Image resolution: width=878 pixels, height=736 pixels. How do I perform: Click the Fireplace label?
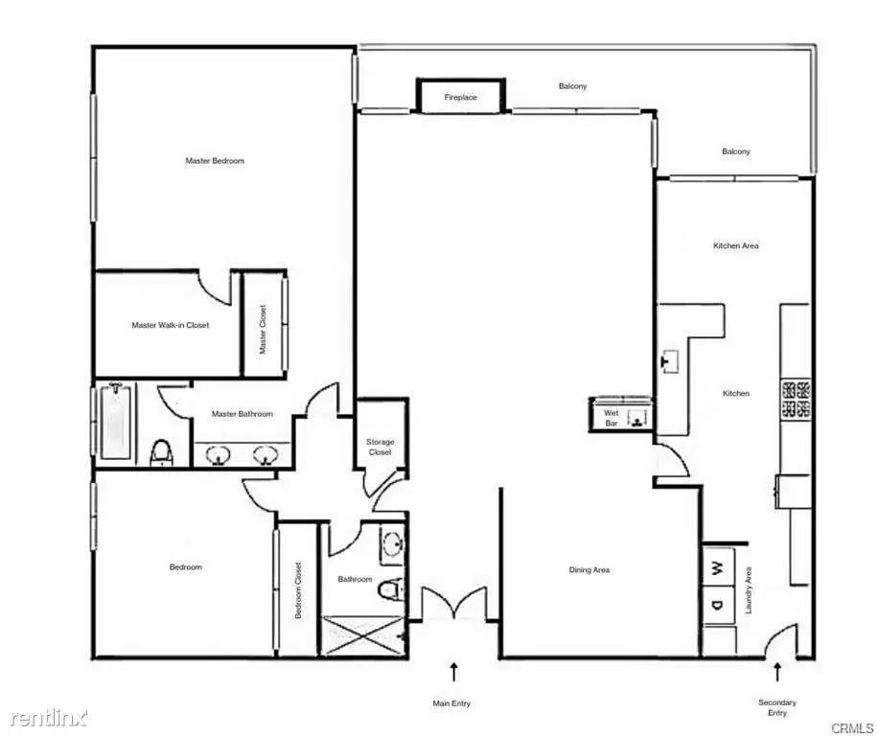click(x=460, y=97)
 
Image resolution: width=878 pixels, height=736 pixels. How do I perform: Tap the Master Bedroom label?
click(x=215, y=161)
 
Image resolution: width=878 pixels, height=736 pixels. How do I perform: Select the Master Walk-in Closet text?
click(x=171, y=325)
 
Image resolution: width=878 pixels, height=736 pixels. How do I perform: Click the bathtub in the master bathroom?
click(x=116, y=421)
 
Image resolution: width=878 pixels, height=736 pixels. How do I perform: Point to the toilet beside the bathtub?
click(x=162, y=452)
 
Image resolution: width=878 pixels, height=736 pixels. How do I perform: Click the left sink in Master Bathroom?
click(x=217, y=454)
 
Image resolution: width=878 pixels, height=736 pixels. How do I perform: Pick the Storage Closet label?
click(x=381, y=447)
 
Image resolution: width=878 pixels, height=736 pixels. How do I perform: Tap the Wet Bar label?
click(x=612, y=418)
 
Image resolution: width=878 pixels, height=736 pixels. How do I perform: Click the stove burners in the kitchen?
click(x=796, y=399)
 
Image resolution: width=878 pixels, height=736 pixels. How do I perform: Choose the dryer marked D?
click(x=718, y=605)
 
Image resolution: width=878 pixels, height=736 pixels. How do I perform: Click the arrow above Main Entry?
click(x=453, y=672)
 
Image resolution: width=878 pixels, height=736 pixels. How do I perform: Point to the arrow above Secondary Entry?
click(x=777, y=672)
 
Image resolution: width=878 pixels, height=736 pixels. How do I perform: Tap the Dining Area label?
click(x=589, y=570)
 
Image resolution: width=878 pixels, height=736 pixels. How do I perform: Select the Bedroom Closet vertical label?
click(x=298, y=590)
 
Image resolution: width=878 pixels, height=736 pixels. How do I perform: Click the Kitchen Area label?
click(x=736, y=245)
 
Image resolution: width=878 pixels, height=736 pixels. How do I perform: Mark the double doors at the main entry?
click(x=454, y=605)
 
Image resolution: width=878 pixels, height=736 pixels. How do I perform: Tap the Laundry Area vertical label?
click(x=749, y=590)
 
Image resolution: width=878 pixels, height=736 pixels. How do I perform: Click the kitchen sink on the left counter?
click(x=670, y=360)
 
